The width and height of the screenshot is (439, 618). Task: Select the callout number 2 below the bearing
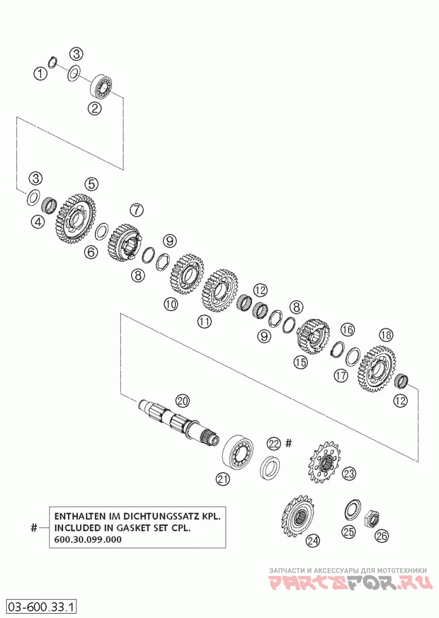pos(96,108)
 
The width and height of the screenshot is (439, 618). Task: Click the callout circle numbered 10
pos(171,304)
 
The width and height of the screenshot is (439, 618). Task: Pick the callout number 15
pos(300,362)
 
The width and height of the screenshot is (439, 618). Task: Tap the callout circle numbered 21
pos(222,479)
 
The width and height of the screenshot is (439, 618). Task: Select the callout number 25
pos(349,531)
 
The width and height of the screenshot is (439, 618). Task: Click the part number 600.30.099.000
pos(88,539)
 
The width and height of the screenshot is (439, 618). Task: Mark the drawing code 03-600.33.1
pos(41,607)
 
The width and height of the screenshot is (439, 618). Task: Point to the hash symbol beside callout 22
pos(290,442)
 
